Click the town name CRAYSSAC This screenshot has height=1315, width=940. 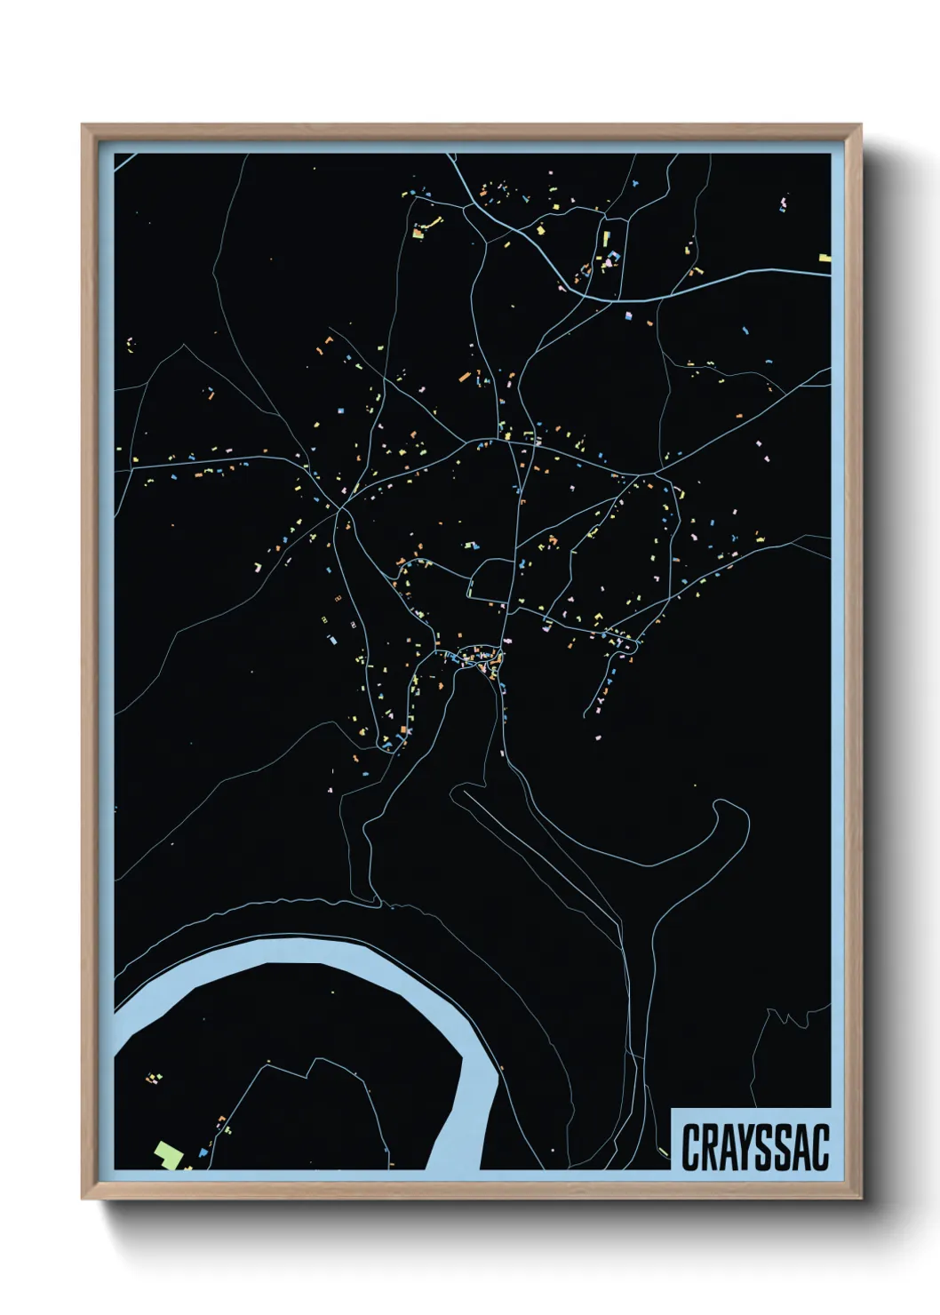754,1146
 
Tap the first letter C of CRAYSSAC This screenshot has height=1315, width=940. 689,1147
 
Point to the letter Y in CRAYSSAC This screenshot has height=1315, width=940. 745,1147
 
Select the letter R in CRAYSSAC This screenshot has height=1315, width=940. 708,1147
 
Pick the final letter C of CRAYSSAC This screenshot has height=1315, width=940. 821,1147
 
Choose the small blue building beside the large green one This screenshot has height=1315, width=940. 203,1152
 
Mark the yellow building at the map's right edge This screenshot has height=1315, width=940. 824,258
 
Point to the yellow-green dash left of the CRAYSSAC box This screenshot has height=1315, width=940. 664,1152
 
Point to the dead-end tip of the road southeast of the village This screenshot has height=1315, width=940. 586,715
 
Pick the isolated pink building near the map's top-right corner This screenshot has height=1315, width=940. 783,205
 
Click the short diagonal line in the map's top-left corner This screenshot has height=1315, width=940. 124,161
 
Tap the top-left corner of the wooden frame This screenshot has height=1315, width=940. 83,125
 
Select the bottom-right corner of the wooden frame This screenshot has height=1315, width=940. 860,1198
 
